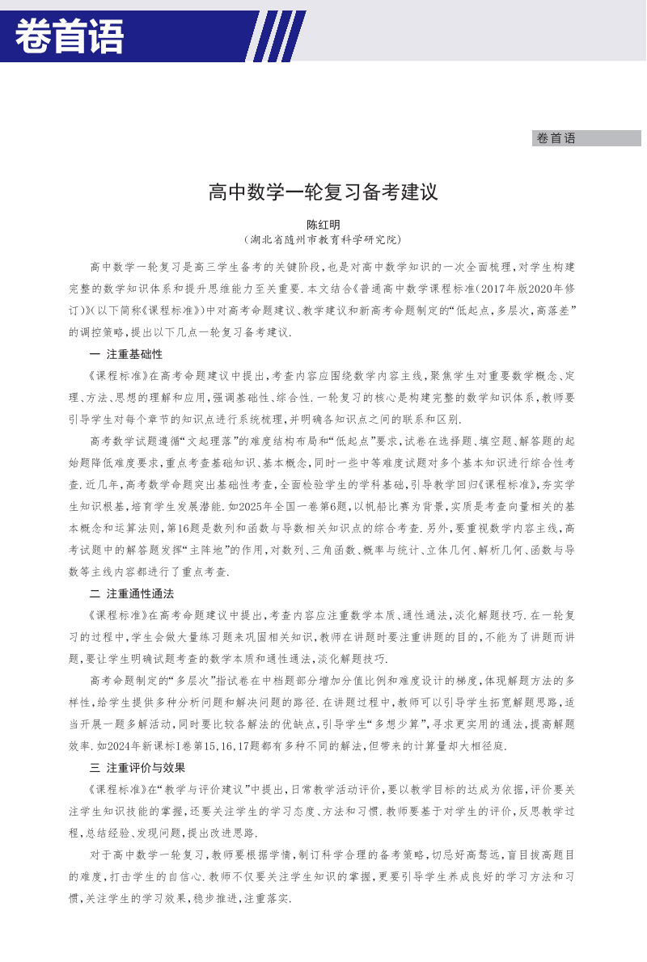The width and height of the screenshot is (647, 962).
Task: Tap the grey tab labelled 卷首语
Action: pos(556,138)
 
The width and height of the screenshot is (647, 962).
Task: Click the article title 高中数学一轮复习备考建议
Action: pos(323,193)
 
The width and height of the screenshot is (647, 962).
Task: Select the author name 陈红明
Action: pos(323,226)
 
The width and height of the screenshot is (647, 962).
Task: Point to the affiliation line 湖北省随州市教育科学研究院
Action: pos(323,240)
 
